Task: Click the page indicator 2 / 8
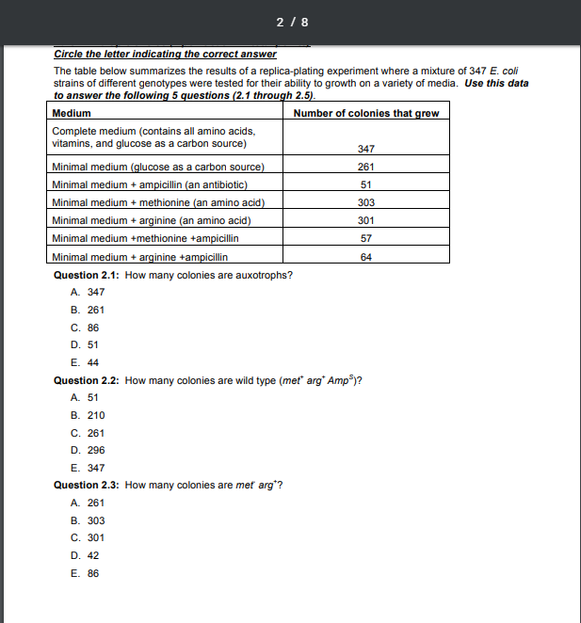[x=291, y=21]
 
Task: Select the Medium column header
[x=72, y=114]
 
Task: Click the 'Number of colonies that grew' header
[x=365, y=114]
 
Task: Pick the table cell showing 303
[x=366, y=202]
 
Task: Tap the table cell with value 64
[x=366, y=256]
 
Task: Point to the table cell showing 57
[x=366, y=238]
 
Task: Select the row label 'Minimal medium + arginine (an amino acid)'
[x=151, y=220]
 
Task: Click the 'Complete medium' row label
[x=153, y=137]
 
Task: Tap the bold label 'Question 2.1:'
[x=87, y=275]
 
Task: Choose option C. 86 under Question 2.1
[x=85, y=327]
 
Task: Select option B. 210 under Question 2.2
[x=88, y=415]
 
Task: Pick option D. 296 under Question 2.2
[x=88, y=451]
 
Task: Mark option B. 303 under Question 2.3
[x=88, y=520]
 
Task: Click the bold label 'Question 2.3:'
[x=87, y=486]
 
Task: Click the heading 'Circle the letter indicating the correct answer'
[x=165, y=54]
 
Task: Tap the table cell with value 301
[x=366, y=220]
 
